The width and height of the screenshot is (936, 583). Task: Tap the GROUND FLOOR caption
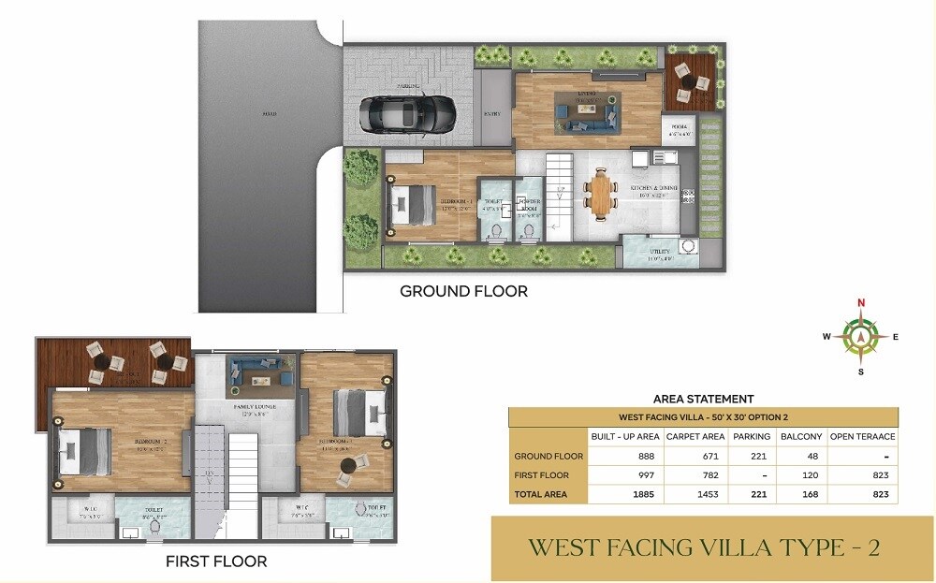[463, 291]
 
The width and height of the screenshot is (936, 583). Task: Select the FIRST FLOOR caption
[216, 561]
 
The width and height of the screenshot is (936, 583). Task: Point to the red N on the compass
[860, 302]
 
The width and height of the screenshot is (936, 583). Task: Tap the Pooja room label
[680, 130]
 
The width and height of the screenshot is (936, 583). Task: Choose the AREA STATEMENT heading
[703, 399]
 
